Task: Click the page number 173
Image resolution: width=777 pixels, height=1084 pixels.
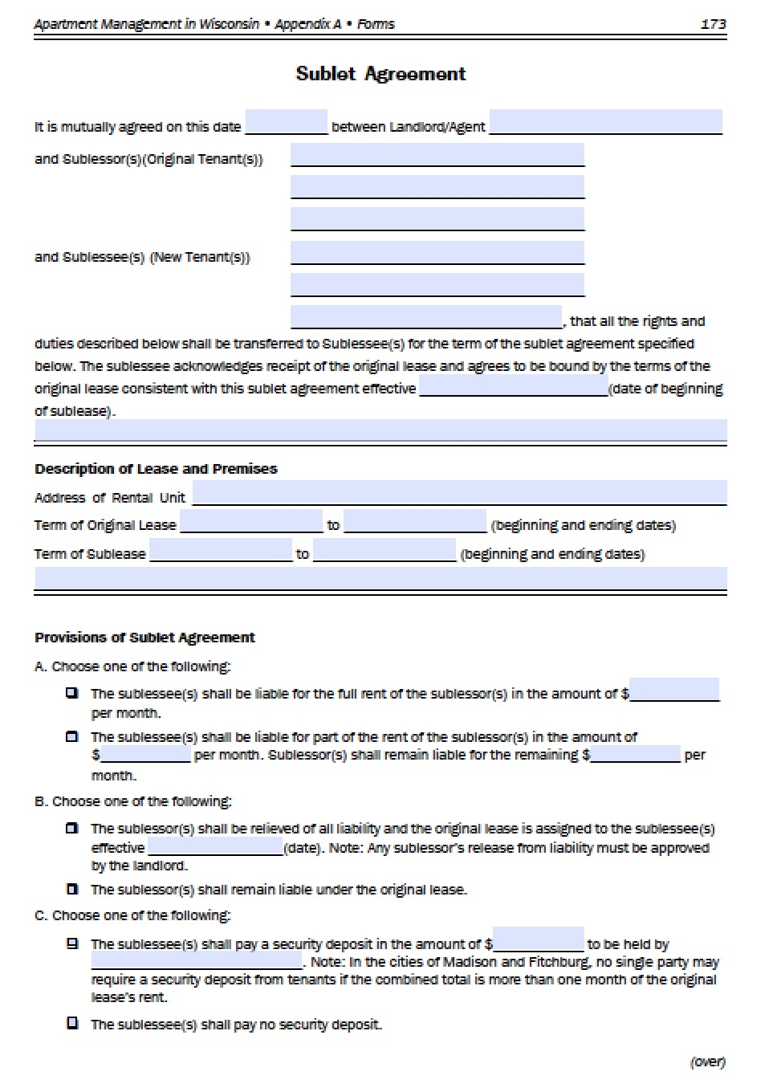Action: point(713,24)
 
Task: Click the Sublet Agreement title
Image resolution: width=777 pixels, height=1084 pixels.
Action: point(380,74)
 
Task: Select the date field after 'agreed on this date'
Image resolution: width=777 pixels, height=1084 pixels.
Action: point(286,122)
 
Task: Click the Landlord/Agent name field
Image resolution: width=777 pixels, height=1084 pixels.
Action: point(605,122)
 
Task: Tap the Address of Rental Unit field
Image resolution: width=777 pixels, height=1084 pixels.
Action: point(459,493)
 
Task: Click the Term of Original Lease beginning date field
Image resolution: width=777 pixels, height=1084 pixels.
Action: point(251,521)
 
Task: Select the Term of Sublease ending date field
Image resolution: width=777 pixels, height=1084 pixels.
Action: point(384,550)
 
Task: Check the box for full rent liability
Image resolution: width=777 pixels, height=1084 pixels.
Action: point(73,693)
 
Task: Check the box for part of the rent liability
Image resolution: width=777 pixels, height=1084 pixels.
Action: point(73,736)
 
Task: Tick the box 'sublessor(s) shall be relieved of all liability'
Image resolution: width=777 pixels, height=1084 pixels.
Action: point(73,828)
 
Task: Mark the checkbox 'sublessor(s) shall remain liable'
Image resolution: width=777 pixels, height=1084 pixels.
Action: point(73,889)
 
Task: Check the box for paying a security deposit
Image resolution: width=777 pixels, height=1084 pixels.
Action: point(73,943)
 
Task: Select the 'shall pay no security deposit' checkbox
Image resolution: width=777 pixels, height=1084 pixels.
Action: point(73,1024)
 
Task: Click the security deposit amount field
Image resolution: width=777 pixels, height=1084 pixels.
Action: point(538,939)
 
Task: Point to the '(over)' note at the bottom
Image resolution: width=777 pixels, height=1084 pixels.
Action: point(707,1062)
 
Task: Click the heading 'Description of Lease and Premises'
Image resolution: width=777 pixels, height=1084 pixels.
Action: point(156,469)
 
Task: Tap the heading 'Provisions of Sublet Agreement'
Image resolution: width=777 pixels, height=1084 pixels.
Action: point(144,638)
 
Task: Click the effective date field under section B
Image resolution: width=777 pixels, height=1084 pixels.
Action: point(215,846)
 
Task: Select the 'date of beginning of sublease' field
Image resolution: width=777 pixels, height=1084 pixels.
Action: point(514,386)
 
